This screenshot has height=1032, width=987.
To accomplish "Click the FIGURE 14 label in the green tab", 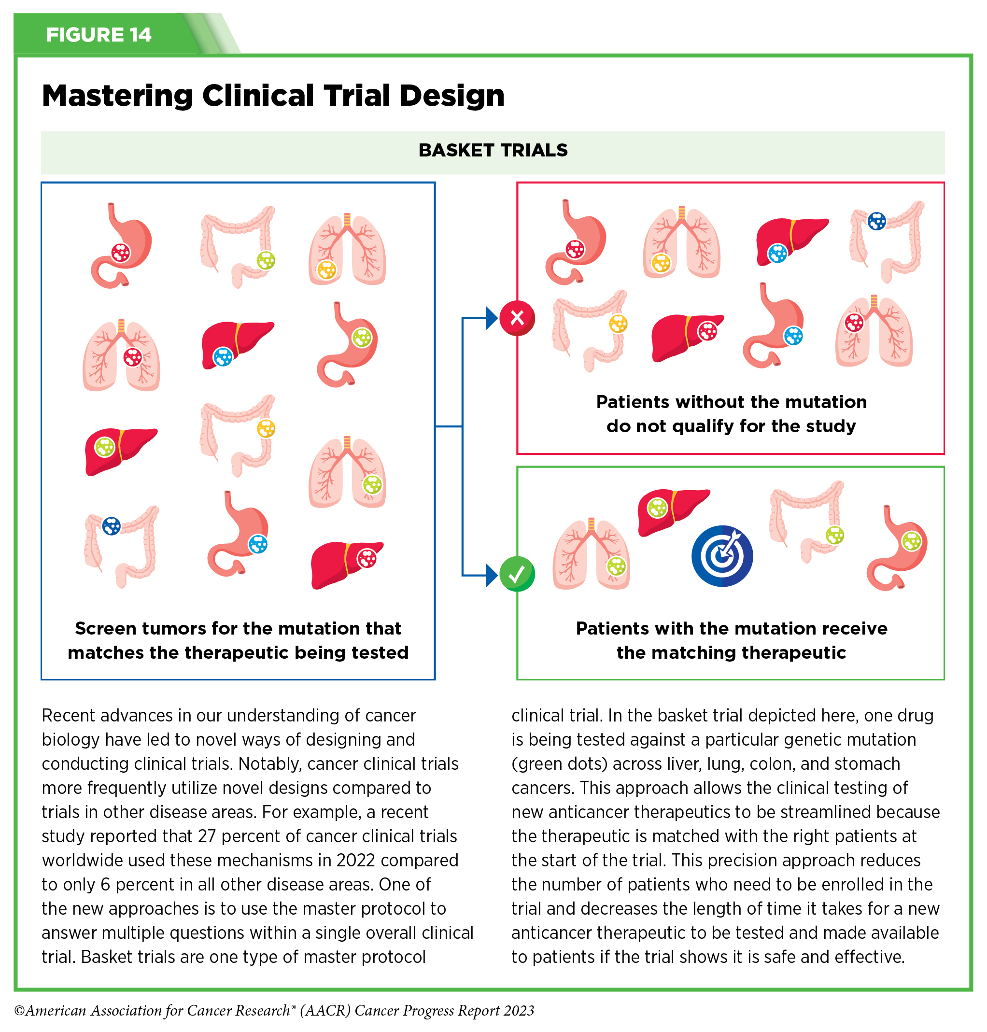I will tap(99, 35).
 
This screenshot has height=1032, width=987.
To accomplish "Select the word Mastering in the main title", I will tap(117, 96).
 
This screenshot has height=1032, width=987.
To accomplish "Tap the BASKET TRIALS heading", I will tap(493, 151).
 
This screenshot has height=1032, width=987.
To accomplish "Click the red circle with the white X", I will tap(517, 318).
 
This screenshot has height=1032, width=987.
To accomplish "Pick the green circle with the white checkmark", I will tap(517, 574).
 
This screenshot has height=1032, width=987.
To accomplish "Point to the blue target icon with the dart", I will tap(722, 556).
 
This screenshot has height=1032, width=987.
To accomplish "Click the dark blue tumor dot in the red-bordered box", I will tap(876, 221).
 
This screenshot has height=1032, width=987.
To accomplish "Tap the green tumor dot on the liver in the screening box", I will tap(104, 447).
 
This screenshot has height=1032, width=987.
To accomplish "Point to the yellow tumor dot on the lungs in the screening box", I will tap(326, 270).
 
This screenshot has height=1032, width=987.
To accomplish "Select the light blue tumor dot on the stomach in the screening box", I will tap(258, 544).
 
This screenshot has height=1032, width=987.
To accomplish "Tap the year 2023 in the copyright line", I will tap(518, 1010).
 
